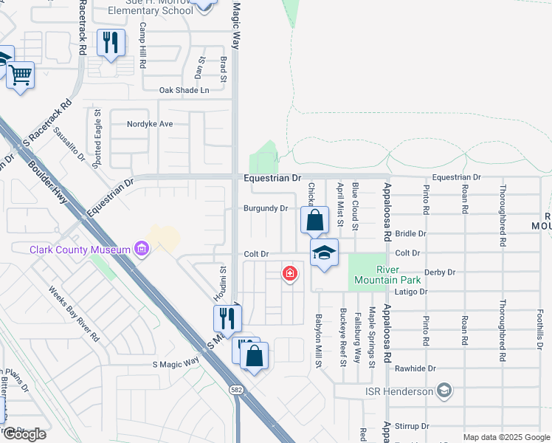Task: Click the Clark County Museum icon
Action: [x=141, y=250]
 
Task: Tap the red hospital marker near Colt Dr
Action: [x=290, y=274]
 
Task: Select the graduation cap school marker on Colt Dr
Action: [x=324, y=253]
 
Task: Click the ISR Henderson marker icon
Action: [x=444, y=390]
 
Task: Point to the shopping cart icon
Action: [x=21, y=75]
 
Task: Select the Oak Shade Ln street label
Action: [x=184, y=90]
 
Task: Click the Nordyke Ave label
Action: [x=150, y=123]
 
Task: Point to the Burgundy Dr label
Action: [x=266, y=208]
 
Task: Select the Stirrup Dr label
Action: [x=412, y=426]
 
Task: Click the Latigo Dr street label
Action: [x=411, y=292]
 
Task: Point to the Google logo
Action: [x=25, y=434]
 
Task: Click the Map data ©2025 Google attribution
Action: [x=506, y=437]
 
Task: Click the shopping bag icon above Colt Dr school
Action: [x=314, y=220]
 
